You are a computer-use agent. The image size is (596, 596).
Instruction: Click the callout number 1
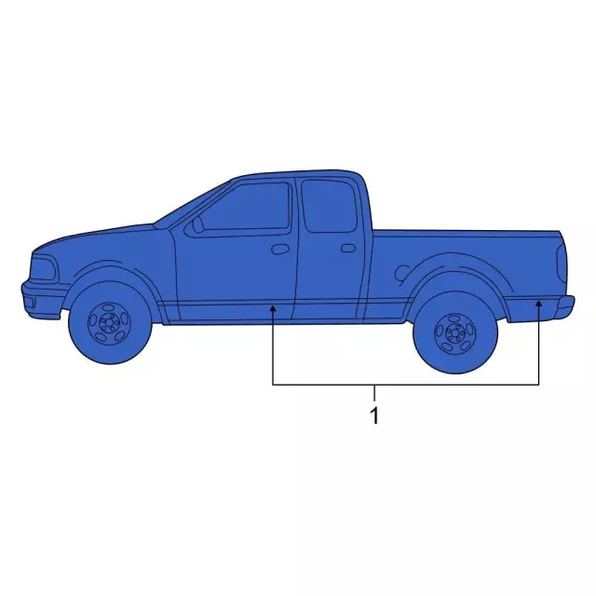[374, 416]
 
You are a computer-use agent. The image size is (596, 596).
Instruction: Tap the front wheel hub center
[109, 323]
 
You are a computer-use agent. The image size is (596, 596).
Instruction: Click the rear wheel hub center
[454, 333]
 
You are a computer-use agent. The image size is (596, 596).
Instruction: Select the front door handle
[280, 250]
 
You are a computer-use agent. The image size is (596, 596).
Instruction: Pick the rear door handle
[348, 249]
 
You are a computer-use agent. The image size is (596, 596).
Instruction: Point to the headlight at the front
[43, 268]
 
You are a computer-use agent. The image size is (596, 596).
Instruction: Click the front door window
[242, 207]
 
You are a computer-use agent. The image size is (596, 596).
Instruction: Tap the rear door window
[330, 206]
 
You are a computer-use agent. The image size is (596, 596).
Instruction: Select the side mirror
[197, 224]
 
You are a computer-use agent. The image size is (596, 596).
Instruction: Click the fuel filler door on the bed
[402, 273]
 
